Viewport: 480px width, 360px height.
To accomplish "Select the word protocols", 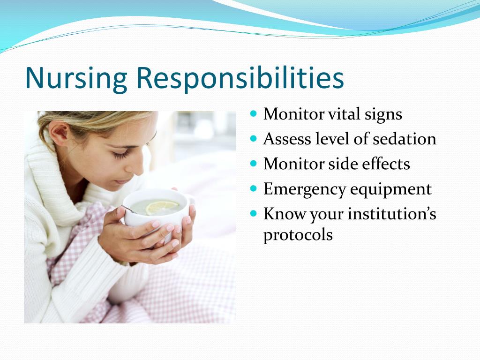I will coord(298,235).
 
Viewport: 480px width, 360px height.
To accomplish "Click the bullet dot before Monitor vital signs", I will coord(254,113).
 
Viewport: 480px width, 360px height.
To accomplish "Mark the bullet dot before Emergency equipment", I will coord(254,188).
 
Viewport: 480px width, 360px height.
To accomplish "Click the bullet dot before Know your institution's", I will coord(254,213).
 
